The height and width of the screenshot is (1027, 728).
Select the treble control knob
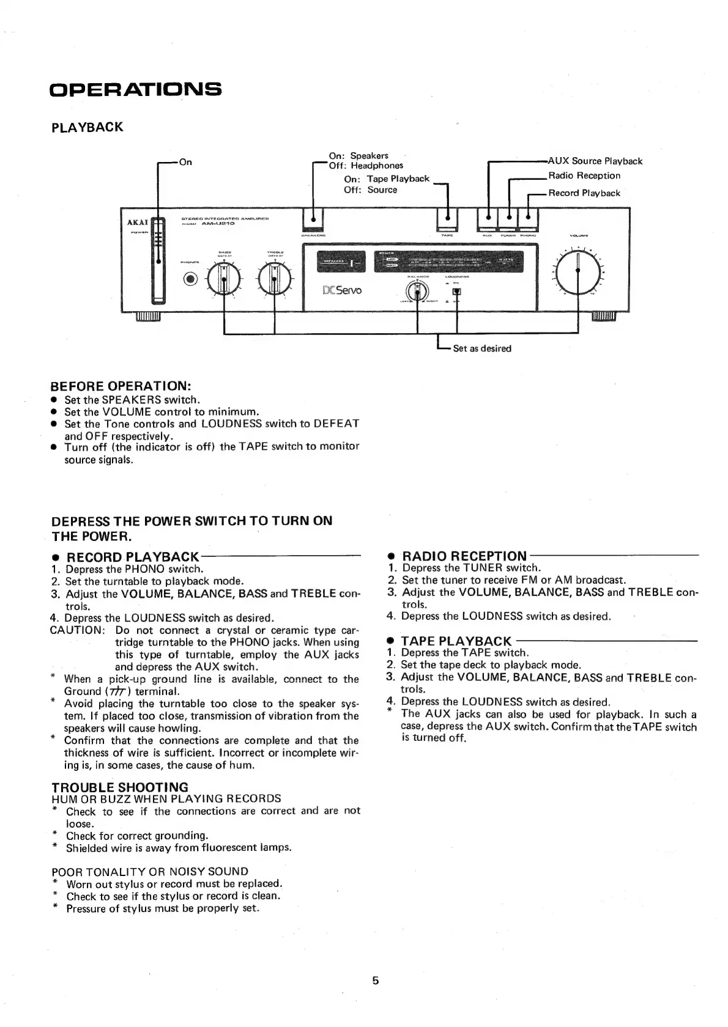pyautogui.click(x=274, y=279)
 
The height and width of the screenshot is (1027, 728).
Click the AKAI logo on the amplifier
pyautogui.click(x=138, y=223)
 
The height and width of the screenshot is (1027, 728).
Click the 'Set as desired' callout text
pyautogui.click(x=481, y=348)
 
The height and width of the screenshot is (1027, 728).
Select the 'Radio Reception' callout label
pyautogui.click(x=584, y=176)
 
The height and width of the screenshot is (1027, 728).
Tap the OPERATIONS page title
pyautogui.click(x=135, y=89)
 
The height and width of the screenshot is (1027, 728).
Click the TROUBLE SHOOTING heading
pyautogui.click(x=120, y=787)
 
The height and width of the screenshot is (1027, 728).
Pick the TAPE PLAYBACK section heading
pyautogui.click(x=456, y=641)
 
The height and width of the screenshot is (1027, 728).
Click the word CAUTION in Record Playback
pyautogui.click(x=78, y=630)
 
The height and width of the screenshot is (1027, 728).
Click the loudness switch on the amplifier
pyautogui.click(x=456, y=292)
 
